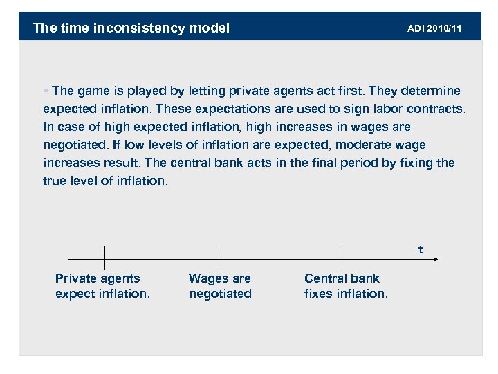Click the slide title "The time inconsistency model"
pos(131,28)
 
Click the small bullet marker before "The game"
pos(46,91)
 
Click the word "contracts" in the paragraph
pos(439,109)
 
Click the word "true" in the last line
pos(55,181)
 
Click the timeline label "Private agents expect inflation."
pos(102,286)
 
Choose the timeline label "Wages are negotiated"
pos(220,286)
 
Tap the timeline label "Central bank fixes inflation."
pos(346,286)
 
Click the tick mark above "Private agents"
pos(104,258)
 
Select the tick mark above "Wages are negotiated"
pos(221,258)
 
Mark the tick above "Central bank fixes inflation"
pos(342,258)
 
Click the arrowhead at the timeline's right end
pos(434,259)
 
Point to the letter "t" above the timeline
pos(421,249)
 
